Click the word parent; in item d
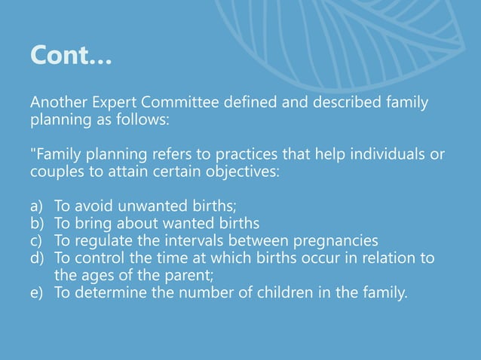[193, 275]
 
